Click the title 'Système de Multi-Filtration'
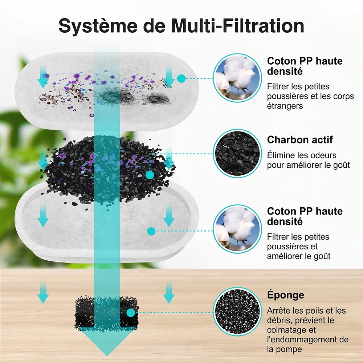pos(181,26)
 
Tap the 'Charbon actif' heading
pos(300,140)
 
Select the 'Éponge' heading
pos(286,295)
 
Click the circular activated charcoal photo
pos(237,154)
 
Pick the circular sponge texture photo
pos(237,311)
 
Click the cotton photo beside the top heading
pos(237,78)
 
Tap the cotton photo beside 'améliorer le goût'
pos(237,229)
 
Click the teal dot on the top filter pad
pos(181,78)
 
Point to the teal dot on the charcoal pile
pos(150,175)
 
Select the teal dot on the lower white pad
pos(151,231)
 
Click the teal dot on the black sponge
pos(131,313)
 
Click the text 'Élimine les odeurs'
pos(302,155)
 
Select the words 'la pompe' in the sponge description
pos(285,350)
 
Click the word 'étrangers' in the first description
pos(285,106)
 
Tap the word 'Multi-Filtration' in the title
pos(238,26)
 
